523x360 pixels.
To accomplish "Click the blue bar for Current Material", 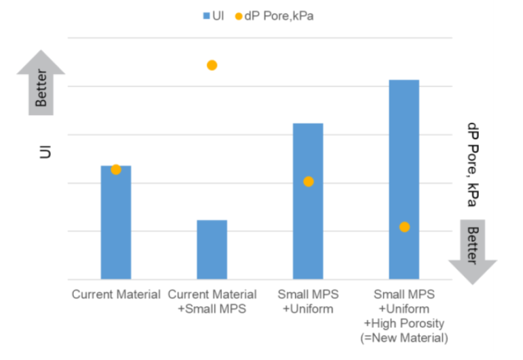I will [116, 224].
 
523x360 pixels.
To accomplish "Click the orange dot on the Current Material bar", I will [116, 169].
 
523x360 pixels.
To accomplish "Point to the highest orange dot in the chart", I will [212, 65].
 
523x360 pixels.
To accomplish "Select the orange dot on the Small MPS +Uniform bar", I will [309, 182].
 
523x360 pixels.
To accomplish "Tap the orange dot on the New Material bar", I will [404, 227].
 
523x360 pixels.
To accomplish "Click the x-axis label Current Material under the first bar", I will [116, 295].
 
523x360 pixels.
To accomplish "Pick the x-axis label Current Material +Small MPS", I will [212, 302].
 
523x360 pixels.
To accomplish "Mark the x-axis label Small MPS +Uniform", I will [308, 302].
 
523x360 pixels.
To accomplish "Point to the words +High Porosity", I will [404, 323].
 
